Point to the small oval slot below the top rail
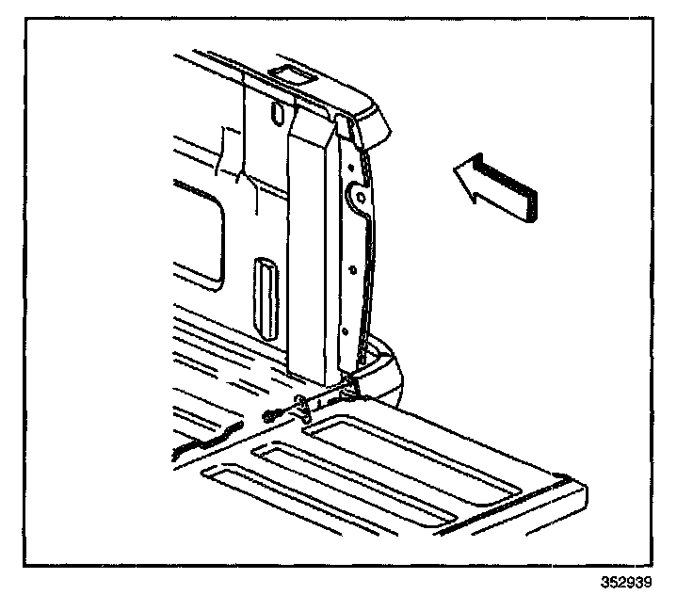click(x=275, y=112)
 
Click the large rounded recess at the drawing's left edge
click(x=202, y=235)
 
